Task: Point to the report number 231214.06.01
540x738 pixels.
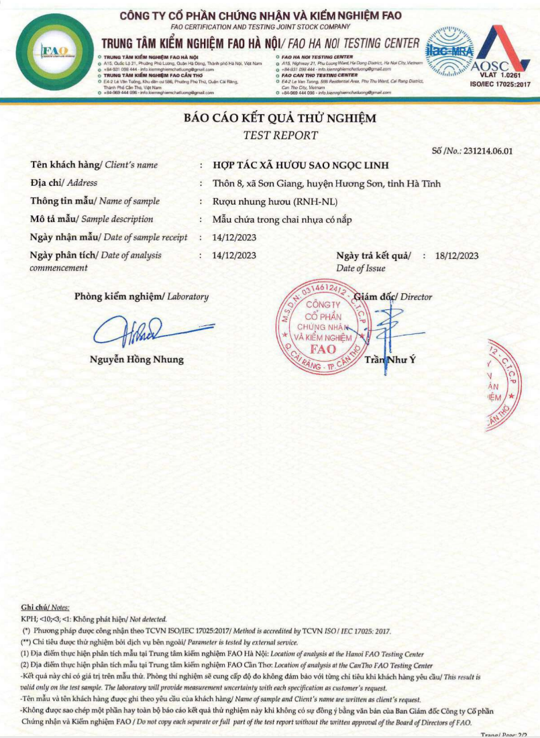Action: pyautogui.click(x=482, y=151)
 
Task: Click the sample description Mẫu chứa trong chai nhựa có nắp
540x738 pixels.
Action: pyautogui.click(x=282, y=219)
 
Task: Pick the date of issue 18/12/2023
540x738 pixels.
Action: pyautogui.click(x=456, y=256)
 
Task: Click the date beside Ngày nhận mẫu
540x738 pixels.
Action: pyautogui.click(x=234, y=238)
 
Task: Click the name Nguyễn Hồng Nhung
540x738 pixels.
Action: pyautogui.click(x=137, y=360)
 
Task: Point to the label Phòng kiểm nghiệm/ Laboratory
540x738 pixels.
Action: pyautogui.click(x=142, y=297)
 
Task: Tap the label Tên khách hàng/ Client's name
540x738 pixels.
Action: pyautogui.click(x=94, y=165)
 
